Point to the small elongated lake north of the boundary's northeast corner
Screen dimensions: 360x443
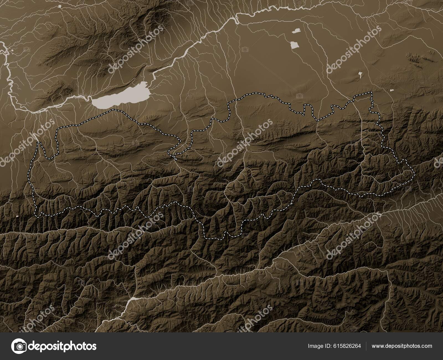click(x=360, y=73)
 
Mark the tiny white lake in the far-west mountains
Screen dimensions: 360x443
click(x=18, y=217)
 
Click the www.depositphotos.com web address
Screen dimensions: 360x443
click(x=402, y=346)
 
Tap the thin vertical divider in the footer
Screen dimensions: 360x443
click(x=366, y=346)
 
